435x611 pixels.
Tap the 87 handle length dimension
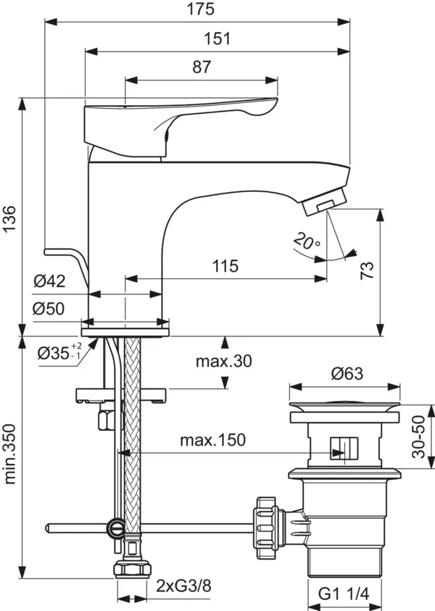coord(202,67)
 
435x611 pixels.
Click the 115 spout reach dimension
coord(225,266)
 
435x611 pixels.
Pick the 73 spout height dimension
coord(367,271)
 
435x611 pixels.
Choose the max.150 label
coord(212,439)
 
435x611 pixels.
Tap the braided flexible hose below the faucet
coord(131,435)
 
